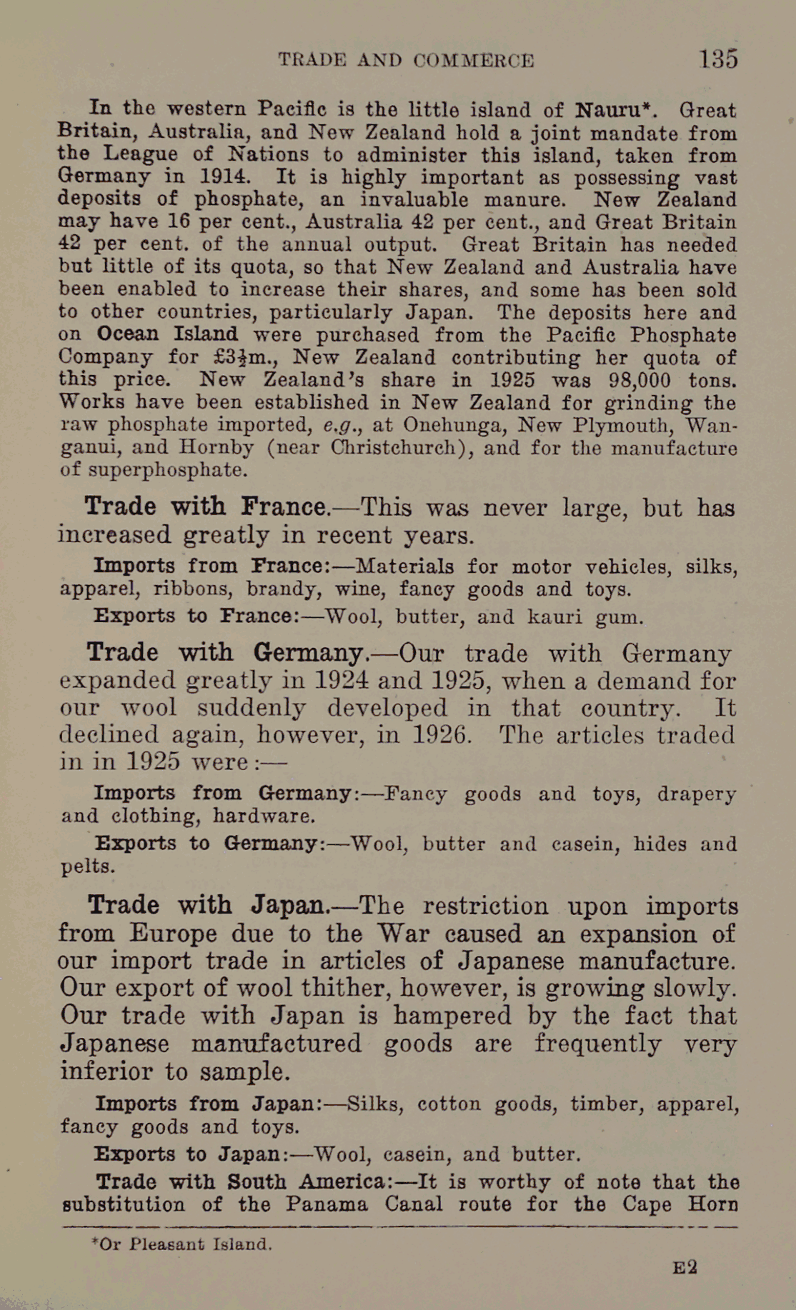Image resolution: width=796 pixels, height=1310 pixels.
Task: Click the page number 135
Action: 718,59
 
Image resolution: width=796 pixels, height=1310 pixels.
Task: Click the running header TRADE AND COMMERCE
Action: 406,60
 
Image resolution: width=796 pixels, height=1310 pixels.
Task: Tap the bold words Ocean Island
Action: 167,334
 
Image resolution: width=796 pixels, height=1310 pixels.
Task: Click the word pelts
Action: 87,866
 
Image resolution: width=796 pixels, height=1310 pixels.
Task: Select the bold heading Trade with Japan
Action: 207,906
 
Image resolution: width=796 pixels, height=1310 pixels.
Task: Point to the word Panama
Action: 327,1204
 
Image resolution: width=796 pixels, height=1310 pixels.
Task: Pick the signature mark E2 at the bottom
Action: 685,1268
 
